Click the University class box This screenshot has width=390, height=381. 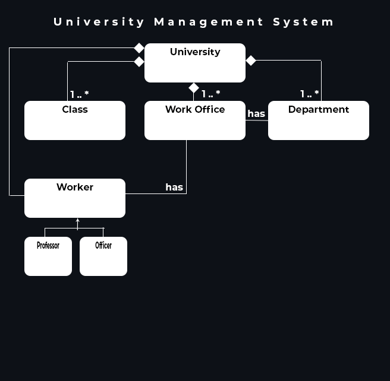pos(195,62)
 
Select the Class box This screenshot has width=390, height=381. pos(75,120)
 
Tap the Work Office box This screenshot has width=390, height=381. pos(195,120)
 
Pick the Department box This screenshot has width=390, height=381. pos(319,120)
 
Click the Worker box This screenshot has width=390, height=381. pos(75,198)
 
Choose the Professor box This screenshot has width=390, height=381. pos(48,256)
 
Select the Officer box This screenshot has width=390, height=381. pos(103,256)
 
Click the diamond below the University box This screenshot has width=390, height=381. pos(194,88)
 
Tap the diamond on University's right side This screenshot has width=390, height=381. pos(251,61)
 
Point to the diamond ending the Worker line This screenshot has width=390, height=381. pos(139,48)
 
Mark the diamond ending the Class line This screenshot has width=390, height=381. pos(139,62)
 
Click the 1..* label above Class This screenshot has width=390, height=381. pos(79,94)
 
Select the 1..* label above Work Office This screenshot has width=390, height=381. pos(210,94)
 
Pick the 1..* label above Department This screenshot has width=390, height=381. pos(309,94)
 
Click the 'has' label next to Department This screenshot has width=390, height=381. pos(256,113)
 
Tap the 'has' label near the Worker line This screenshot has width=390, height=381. pos(174,187)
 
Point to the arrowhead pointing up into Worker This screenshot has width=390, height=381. pos(78,221)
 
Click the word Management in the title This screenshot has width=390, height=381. pos(209,22)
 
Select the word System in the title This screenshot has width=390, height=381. pos(304,22)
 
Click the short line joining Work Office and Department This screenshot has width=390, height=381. pos(257,120)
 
